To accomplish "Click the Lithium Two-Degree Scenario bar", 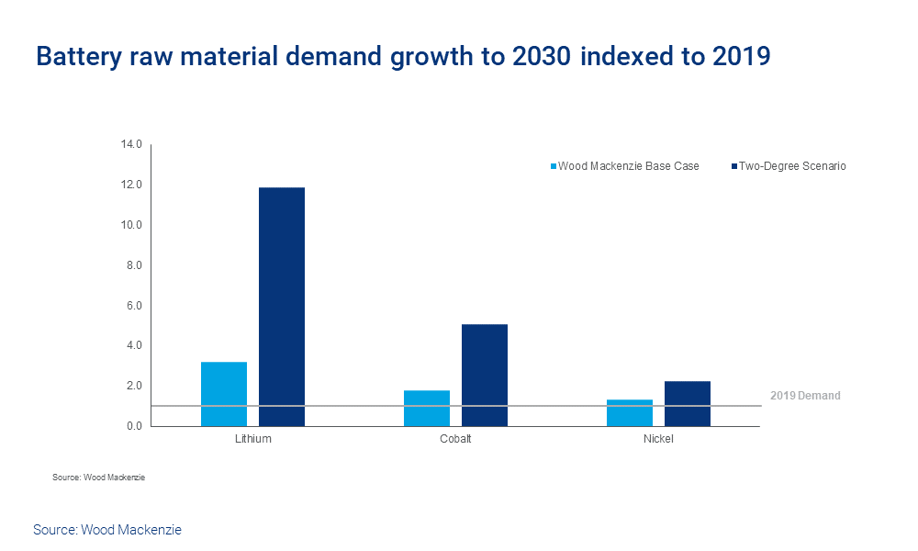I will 282,307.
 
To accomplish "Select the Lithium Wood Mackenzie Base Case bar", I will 224,394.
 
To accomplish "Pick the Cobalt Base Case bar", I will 427,408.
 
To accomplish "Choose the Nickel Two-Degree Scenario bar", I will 688,403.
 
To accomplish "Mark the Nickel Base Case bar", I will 630,412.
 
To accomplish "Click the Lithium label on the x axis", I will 252,439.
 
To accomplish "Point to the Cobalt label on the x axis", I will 455,439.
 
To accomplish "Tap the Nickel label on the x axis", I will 658,439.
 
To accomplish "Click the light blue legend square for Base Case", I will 554,166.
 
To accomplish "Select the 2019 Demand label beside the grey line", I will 805,396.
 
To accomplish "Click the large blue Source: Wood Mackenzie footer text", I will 107,530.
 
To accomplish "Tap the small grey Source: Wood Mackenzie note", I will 98,478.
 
